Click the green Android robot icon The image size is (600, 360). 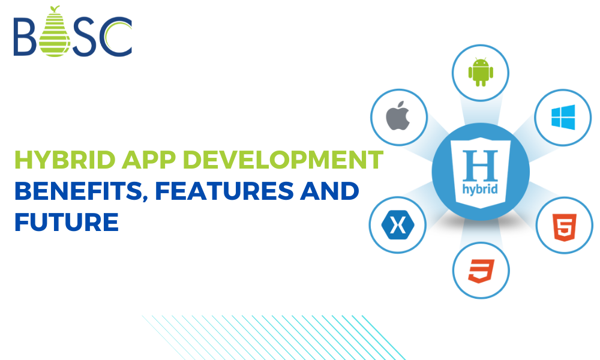[x=480, y=71]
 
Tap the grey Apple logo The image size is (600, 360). [x=398, y=115]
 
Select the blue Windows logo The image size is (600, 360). [x=563, y=118]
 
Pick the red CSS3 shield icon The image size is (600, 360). [x=481, y=271]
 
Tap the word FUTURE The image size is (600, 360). [x=66, y=222]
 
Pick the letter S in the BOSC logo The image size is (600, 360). [x=84, y=37]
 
